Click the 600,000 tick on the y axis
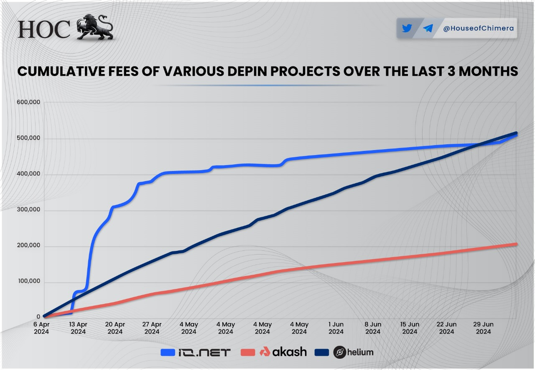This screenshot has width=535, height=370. point(28,102)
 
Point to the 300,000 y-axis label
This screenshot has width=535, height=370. point(28,210)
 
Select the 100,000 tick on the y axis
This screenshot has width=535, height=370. point(28,281)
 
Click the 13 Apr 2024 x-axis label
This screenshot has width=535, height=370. point(78,328)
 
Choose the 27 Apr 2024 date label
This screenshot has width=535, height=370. point(152,328)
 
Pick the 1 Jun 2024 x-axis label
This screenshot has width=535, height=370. point(336,328)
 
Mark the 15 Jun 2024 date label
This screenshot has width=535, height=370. point(410,328)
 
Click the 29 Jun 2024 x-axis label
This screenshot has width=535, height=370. point(484,328)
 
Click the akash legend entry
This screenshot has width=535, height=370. point(274,352)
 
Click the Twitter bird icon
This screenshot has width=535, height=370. point(407,28)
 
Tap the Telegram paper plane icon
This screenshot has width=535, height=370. point(428,28)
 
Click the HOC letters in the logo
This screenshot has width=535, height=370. point(44,29)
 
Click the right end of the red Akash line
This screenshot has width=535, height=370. point(516,244)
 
